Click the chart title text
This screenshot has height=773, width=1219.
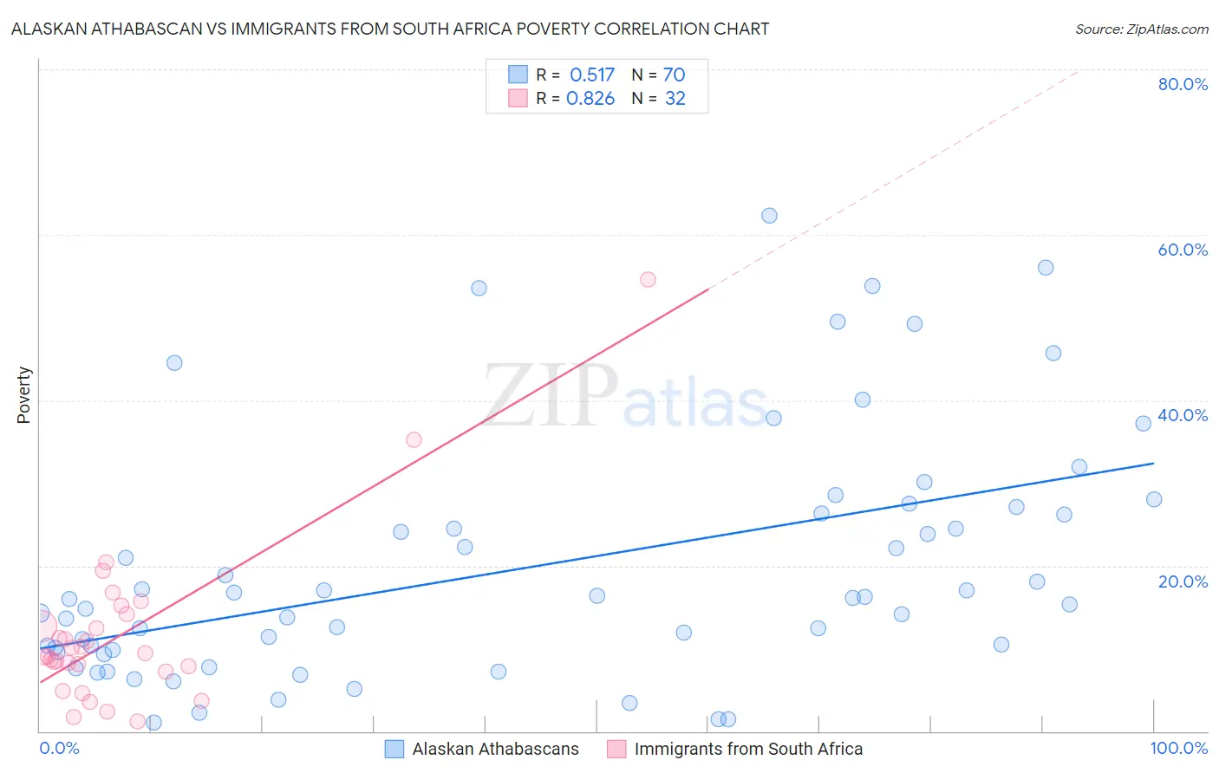tap(390, 29)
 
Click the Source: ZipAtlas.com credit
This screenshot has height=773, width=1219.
tap(1141, 29)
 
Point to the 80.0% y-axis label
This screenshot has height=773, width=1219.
tap(1183, 84)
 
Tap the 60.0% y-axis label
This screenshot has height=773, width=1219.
tap(1183, 250)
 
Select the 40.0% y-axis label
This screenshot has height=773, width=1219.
tap(1183, 415)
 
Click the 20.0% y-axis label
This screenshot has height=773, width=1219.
tap(1183, 581)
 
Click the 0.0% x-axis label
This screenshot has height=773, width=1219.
tap(59, 748)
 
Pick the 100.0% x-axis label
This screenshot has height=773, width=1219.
tap(1178, 748)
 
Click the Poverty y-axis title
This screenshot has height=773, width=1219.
tap(23, 395)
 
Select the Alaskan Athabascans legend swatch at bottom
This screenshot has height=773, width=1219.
tap(394, 749)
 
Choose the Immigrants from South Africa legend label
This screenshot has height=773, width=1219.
tap(748, 749)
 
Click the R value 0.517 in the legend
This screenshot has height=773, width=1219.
tap(591, 75)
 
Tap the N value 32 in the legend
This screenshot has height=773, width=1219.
tap(675, 99)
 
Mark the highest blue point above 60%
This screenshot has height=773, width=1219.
tap(769, 216)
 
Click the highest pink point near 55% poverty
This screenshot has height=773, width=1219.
tap(648, 279)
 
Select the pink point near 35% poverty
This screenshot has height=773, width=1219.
tap(414, 439)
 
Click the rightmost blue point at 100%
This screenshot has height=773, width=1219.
tap(1154, 499)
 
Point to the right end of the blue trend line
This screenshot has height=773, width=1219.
tap(1153, 464)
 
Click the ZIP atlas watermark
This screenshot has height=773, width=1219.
tap(624, 397)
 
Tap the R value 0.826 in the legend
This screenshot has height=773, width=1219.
tap(590, 99)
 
